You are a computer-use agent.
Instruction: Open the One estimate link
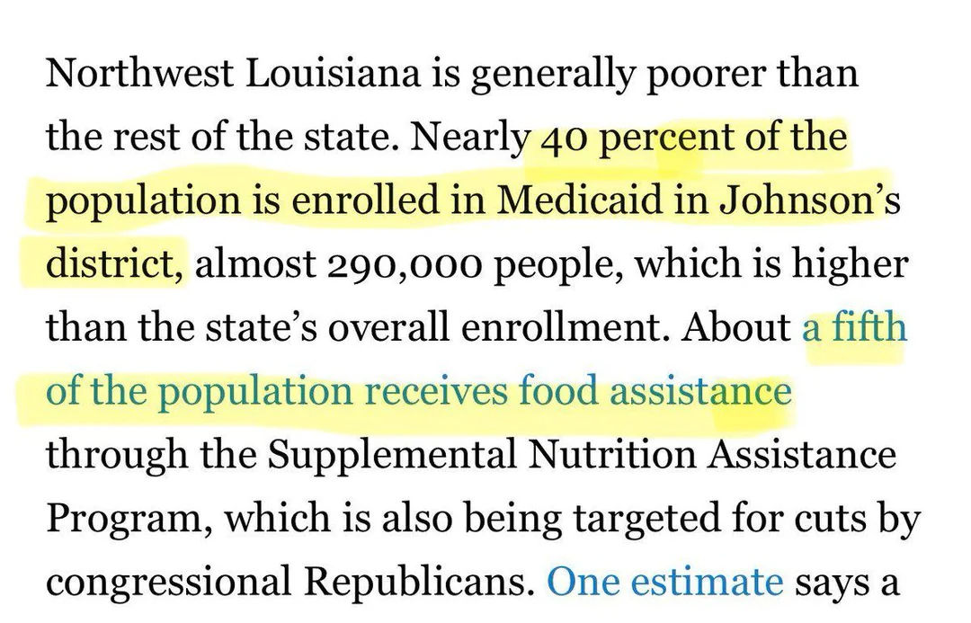click(x=665, y=582)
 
